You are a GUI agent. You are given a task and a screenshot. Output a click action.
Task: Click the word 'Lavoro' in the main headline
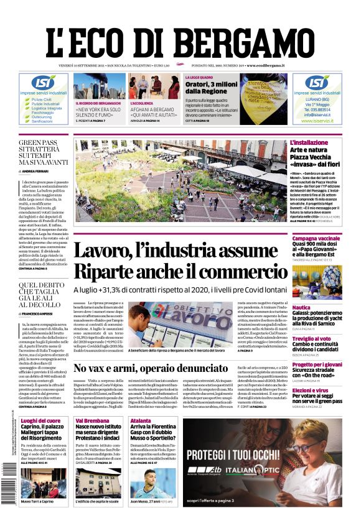click(113, 252)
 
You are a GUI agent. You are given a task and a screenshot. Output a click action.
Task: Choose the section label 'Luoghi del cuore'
click(40, 421)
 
